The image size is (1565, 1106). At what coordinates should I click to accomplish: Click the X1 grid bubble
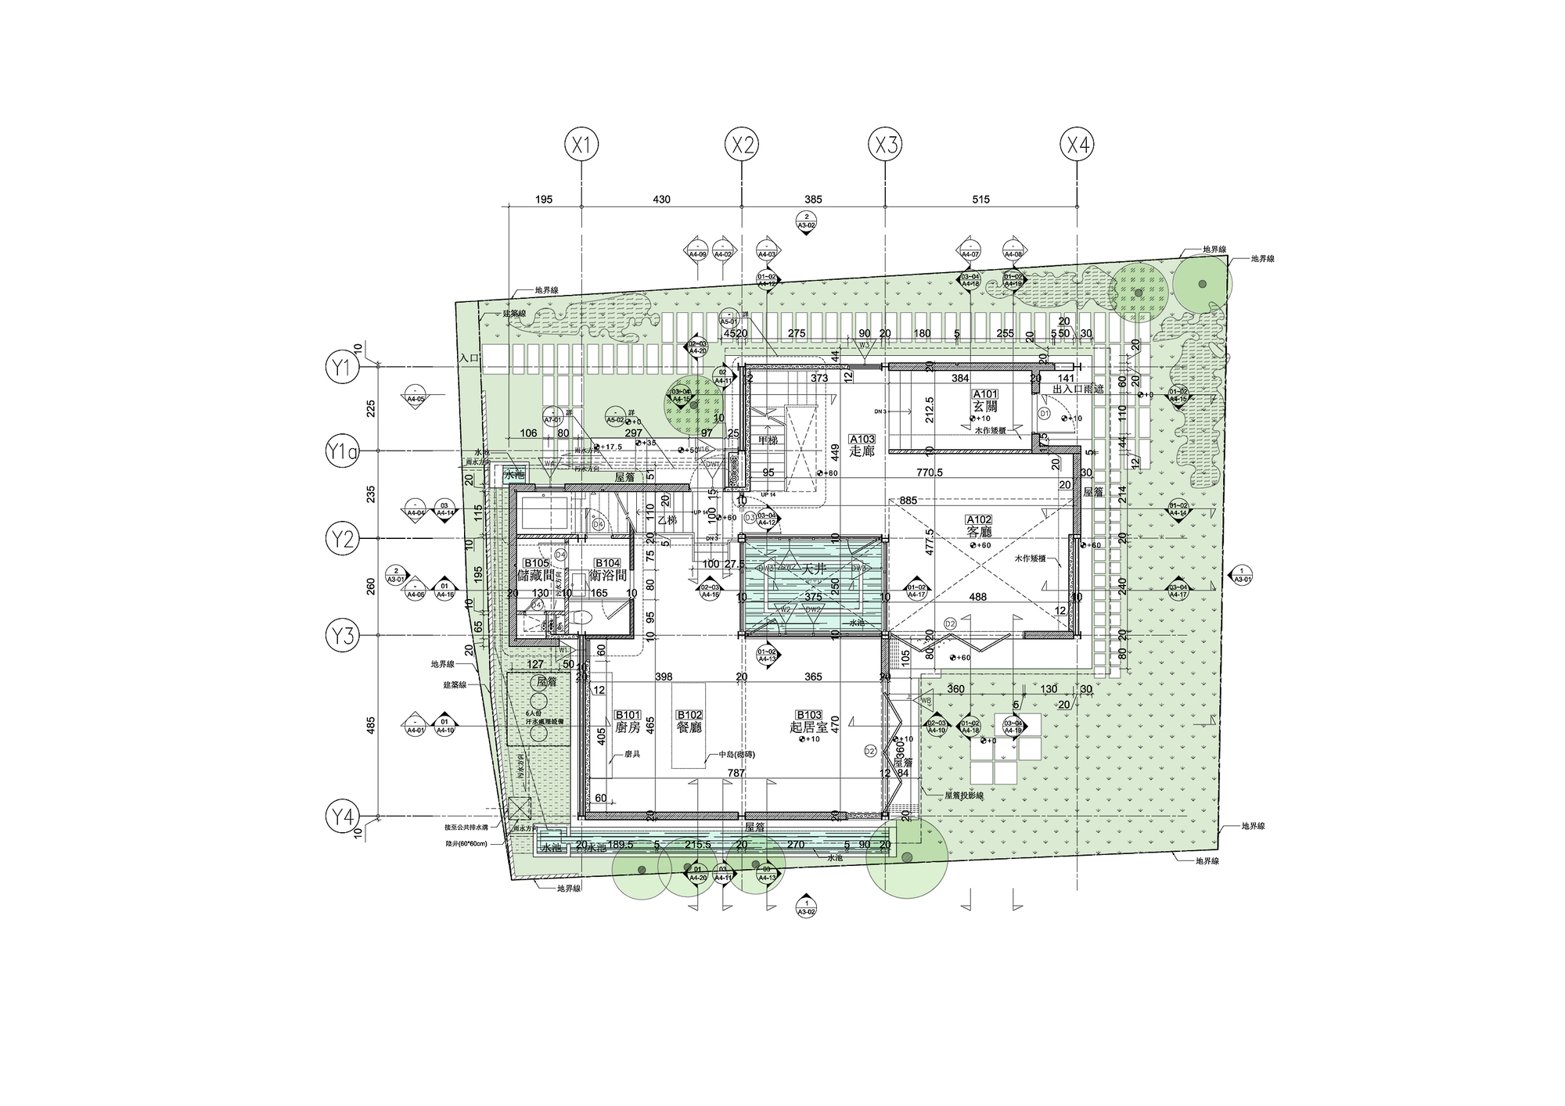point(581,145)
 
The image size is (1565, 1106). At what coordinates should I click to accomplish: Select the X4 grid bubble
point(1077,145)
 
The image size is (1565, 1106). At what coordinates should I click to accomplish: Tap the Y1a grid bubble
point(342,451)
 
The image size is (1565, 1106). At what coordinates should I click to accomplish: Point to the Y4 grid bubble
point(342,818)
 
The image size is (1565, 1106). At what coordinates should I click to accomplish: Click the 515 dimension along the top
point(980,199)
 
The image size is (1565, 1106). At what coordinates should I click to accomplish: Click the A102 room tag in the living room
point(979,519)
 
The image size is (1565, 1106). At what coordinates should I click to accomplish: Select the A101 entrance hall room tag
point(985,394)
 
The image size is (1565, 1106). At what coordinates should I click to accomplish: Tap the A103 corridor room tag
point(862,440)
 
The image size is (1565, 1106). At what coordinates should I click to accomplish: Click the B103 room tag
point(808,715)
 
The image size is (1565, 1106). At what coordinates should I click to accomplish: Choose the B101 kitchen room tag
point(628,715)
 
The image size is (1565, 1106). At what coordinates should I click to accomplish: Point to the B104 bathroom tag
point(607,563)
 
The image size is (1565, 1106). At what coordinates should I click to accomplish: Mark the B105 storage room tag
point(536,563)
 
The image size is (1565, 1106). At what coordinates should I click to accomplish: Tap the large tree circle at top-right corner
point(1201,284)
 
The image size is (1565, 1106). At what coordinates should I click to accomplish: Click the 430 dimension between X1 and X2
point(661,199)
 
